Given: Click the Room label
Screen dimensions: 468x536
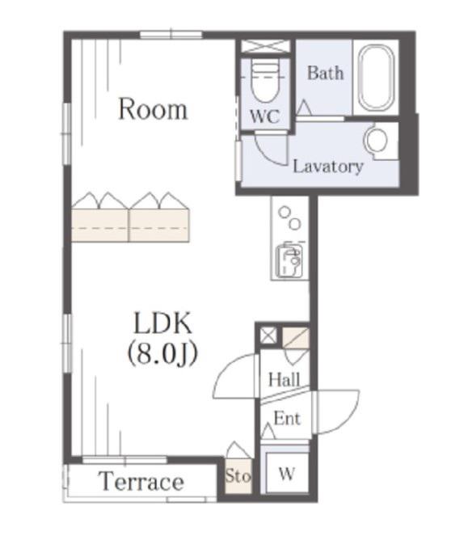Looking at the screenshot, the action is [153, 109].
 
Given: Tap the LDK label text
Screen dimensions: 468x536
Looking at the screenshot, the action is [162, 323].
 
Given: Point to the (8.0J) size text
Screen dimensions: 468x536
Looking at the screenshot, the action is [162, 354].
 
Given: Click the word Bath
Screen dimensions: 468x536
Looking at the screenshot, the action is [325, 73].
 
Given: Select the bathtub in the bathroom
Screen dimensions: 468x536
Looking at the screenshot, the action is [376, 78].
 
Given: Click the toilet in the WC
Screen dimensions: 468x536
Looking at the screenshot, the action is [265, 81].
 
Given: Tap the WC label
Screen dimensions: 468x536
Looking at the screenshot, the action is [265, 116].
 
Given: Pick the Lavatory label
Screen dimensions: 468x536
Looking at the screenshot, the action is [328, 167].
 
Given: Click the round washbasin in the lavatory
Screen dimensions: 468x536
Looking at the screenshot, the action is [377, 140].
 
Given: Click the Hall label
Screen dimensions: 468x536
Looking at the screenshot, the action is [284, 379].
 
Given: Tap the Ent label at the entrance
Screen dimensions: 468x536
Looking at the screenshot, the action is [287, 418].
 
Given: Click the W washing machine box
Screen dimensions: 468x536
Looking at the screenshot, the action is [286, 473].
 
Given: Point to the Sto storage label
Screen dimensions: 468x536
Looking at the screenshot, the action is [238, 475].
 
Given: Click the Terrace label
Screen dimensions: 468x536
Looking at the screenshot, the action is [141, 481].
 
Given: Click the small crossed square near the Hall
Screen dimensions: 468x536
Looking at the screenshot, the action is [268, 336].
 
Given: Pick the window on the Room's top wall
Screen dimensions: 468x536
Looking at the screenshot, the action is [171, 35].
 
